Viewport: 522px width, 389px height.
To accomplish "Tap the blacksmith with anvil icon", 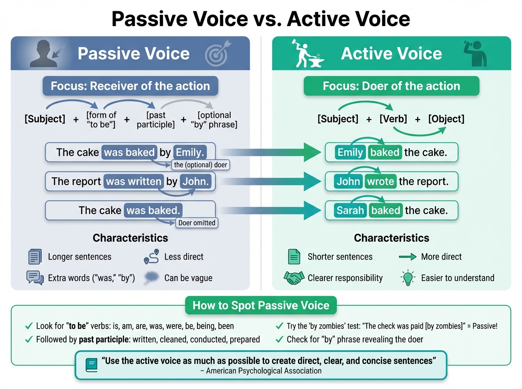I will coord(308,53).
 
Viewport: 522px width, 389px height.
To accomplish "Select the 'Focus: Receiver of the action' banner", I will coord(130,86).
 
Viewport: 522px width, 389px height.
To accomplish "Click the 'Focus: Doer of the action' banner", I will coord(391,86).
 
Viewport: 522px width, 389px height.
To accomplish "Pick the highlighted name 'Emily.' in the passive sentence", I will coord(190,152).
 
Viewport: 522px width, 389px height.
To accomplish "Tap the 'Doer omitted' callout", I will coord(197,223).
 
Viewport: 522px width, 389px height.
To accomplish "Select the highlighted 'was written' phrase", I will coord(134,181).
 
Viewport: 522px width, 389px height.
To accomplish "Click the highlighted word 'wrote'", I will coord(380,181).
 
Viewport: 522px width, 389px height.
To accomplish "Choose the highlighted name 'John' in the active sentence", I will coord(348,181).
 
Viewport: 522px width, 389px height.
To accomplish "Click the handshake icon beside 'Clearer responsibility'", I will coord(294,278).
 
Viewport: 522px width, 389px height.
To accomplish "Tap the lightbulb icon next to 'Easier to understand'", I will coord(408,278).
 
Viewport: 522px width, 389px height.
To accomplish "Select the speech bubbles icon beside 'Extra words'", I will coord(35,278).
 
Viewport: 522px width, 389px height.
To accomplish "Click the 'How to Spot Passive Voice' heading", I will coord(261,305).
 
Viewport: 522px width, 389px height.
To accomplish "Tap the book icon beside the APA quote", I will coord(92,364).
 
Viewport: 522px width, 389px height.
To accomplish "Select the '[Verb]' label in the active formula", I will coord(393,119).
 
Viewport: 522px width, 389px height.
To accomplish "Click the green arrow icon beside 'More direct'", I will coord(408,257).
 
